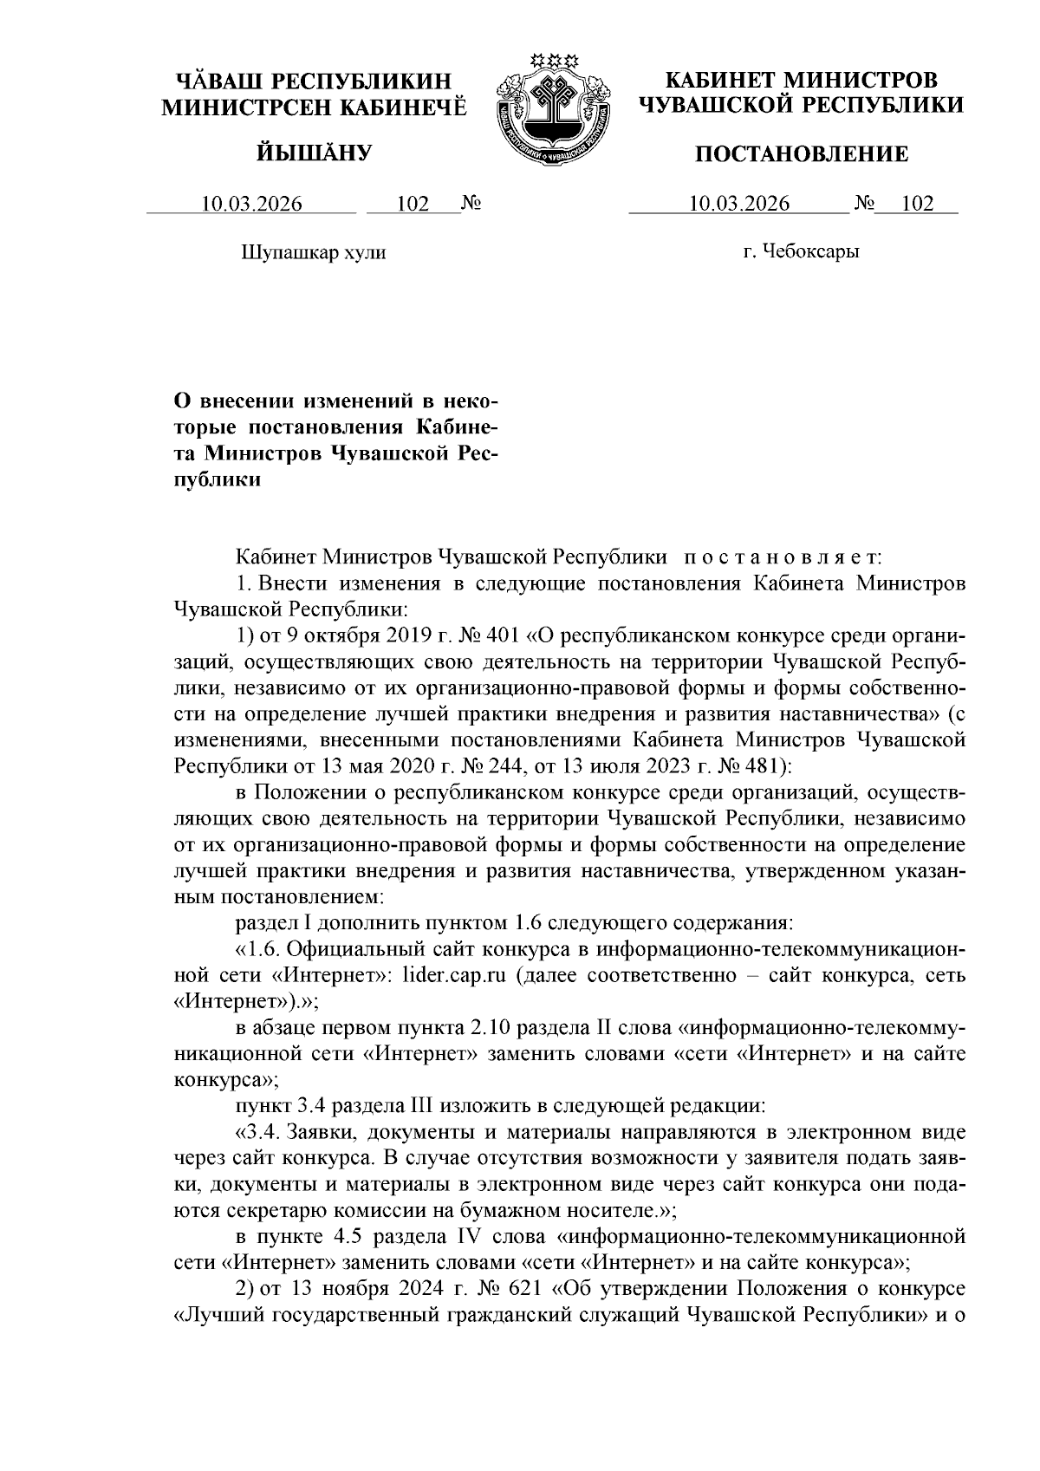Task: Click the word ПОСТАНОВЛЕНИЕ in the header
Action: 803,154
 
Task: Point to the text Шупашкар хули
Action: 312,253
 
